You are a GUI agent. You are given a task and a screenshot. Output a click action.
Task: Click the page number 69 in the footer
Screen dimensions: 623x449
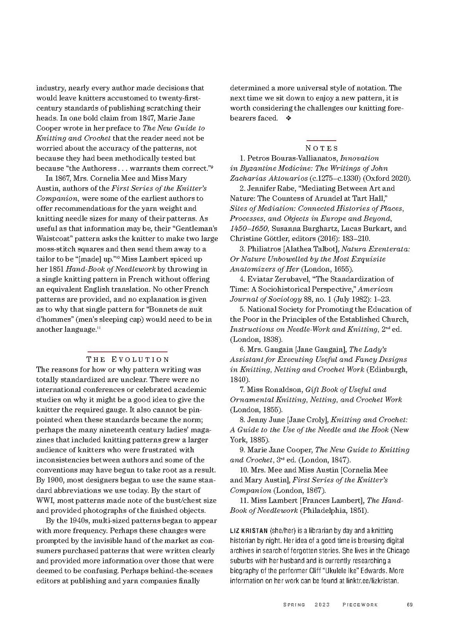tap(409, 605)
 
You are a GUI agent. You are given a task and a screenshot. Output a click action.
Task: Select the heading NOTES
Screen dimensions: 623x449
tap(321, 148)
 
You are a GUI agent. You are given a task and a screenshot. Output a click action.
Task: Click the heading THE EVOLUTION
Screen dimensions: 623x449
tap(128, 359)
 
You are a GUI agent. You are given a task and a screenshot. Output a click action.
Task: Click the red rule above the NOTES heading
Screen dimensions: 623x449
tap(321, 140)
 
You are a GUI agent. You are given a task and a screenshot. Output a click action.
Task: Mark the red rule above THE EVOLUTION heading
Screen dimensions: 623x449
tap(128, 351)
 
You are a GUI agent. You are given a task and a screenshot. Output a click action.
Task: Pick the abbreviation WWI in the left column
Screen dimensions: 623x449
tap(44, 500)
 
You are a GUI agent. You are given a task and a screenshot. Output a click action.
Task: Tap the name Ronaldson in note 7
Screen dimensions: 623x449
tap(282, 390)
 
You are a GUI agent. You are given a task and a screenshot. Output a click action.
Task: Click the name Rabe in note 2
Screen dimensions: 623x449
tap(282, 188)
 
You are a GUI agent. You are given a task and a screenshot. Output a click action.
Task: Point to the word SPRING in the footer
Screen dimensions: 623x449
tap(294, 605)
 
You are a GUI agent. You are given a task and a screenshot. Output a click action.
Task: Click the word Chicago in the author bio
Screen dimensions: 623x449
tap(398, 551)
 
